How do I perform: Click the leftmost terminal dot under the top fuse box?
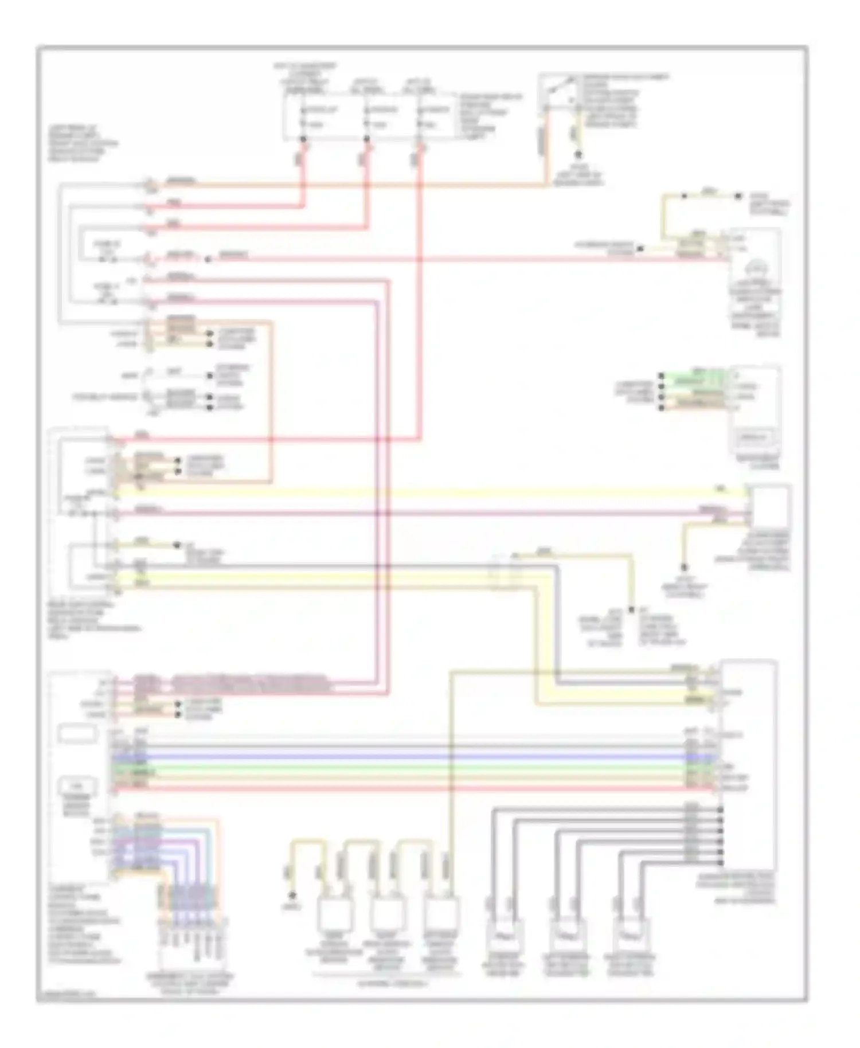(x=303, y=139)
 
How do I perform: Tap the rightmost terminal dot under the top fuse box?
(x=421, y=139)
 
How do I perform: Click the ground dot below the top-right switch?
(x=578, y=154)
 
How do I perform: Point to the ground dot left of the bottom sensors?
(x=292, y=896)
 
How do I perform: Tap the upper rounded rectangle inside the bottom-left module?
(x=77, y=734)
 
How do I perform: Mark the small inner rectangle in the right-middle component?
(x=753, y=439)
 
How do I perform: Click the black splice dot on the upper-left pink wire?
(x=208, y=259)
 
